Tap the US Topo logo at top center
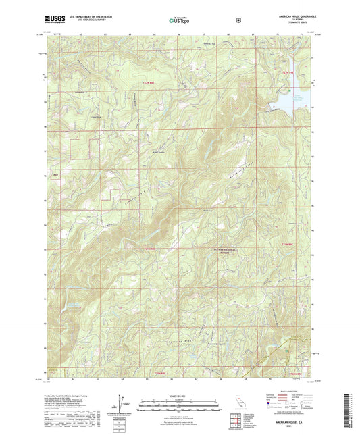click(x=180, y=20)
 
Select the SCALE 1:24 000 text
click(x=180, y=395)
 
